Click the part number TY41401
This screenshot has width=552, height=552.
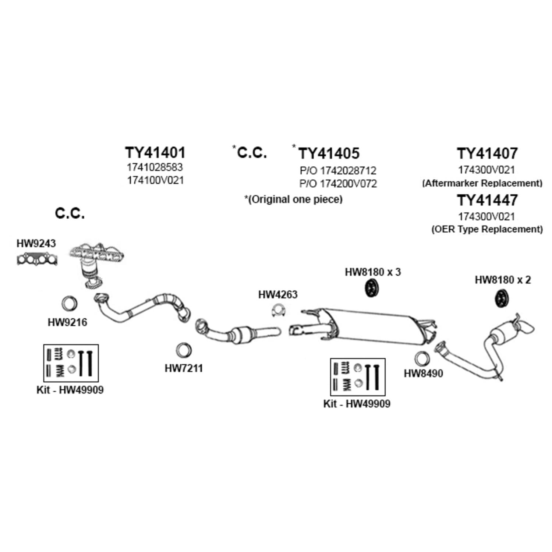click(155, 152)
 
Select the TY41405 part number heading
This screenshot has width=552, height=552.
click(329, 153)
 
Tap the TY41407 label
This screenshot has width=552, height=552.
click(487, 153)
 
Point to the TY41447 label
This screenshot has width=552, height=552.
click(487, 200)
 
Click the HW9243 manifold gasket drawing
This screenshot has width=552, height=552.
click(37, 259)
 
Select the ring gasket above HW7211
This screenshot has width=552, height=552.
click(183, 350)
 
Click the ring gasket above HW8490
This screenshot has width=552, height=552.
click(422, 359)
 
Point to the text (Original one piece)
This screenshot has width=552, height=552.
click(293, 199)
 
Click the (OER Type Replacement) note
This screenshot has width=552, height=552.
click(487, 229)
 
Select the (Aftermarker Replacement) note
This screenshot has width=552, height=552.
click(482, 183)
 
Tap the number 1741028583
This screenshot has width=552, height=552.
click(155, 167)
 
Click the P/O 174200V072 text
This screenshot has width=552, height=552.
click(338, 184)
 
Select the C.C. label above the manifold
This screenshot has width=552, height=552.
click(70, 213)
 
